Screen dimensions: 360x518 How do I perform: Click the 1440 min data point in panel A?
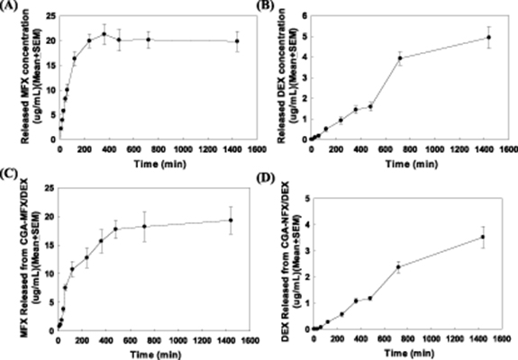pos(237,41)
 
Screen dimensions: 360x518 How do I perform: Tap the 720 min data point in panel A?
pos(149,40)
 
